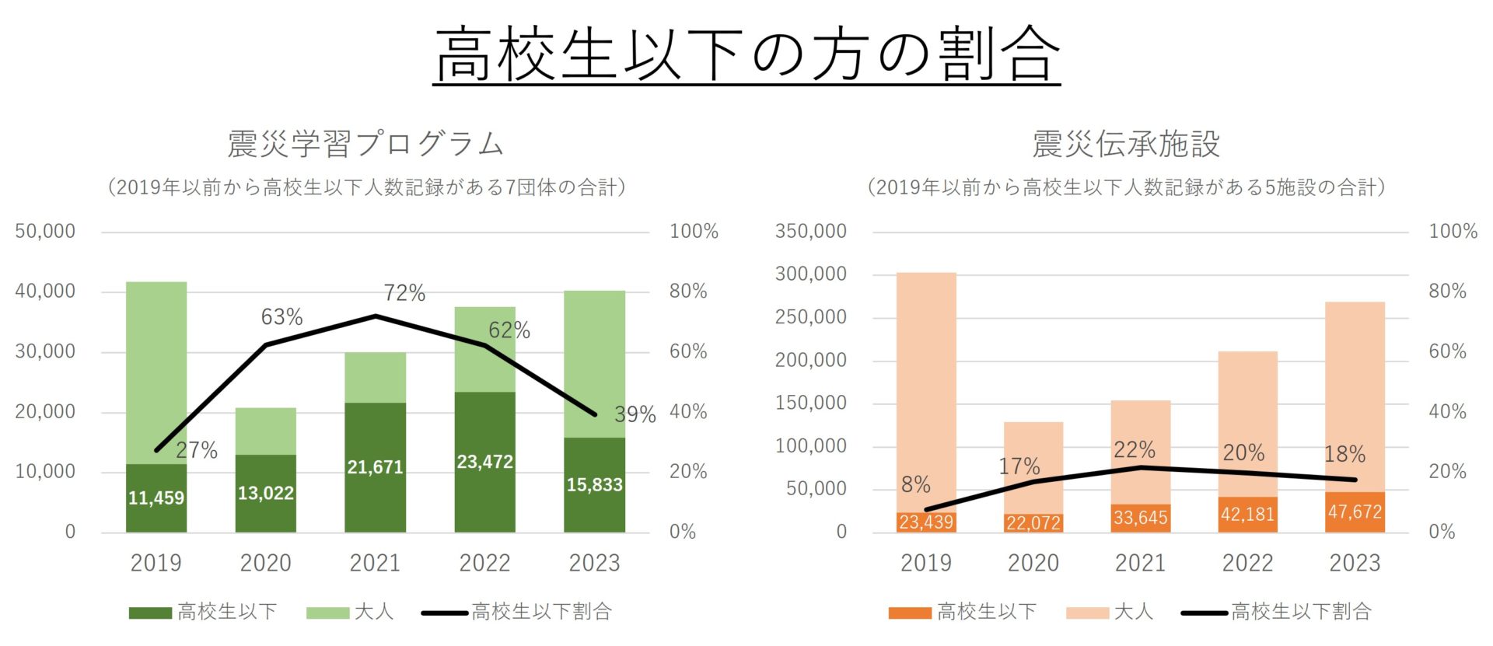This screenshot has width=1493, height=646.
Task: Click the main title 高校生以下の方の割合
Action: coord(746,54)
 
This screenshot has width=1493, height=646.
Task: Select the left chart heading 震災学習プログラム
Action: coord(365,144)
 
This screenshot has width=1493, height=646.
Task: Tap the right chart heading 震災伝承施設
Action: coord(1125,144)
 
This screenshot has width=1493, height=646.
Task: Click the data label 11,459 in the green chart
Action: coord(156,498)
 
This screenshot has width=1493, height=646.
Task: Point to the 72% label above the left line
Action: coord(404,293)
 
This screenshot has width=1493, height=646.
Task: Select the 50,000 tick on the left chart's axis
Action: coord(45,232)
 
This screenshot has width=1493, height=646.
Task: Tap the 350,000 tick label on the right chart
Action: coord(810,232)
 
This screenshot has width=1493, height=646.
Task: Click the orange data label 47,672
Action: coord(1355,512)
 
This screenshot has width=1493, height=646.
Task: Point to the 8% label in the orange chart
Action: coord(915,485)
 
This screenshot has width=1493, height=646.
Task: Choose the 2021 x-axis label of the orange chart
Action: coord(1140,563)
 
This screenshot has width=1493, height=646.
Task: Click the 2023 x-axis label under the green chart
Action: coord(594,563)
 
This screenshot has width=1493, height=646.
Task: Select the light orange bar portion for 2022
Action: coord(1247,420)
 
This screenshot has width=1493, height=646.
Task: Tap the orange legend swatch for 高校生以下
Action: coord(909,613)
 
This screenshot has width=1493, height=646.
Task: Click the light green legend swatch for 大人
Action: coord(327,613)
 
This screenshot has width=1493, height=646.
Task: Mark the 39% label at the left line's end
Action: coord(635,414)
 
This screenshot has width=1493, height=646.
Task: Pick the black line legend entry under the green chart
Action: coord(517,613)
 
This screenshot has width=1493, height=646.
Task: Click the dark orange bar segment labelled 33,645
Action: coord(1140,519)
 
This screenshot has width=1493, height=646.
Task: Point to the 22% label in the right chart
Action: coord(1134,449)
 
